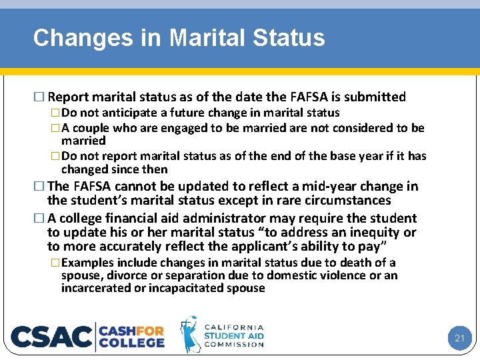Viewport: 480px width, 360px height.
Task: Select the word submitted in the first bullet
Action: pos(375,97)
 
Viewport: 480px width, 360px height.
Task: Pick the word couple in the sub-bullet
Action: pos(91,127)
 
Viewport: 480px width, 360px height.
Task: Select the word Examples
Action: pos(88,263)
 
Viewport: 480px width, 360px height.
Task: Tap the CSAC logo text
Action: pos(52,336)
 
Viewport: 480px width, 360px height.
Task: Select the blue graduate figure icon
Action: pos(191,335)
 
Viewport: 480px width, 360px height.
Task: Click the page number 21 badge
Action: pos(459,338)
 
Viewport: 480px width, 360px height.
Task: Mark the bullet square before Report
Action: pos(43,97)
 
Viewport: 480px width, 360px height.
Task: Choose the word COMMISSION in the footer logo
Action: pos(233,344)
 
